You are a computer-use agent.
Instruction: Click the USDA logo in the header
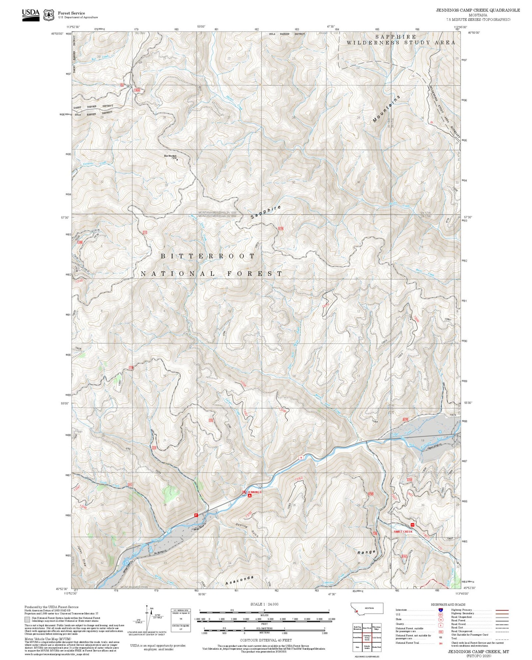(31, 14)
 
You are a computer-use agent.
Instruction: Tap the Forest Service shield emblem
(49, 15)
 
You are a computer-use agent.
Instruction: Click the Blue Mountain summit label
(170, 156)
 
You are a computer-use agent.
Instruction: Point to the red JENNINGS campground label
(254, 492)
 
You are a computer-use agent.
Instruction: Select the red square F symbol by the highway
(196, 515)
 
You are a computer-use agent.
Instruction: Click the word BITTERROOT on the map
(208, 256)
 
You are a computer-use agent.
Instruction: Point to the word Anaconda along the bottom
(240, 580)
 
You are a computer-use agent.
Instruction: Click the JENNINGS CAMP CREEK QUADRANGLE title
(478, 10)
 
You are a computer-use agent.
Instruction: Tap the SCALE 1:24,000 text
(264, 604)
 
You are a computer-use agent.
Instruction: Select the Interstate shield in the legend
(440, 610)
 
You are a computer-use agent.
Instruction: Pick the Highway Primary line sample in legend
(502, 610)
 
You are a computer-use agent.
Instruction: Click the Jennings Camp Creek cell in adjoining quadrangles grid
(367, 628)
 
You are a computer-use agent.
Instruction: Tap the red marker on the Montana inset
(356, 612)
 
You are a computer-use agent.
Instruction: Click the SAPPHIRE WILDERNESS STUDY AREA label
(401, 39)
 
